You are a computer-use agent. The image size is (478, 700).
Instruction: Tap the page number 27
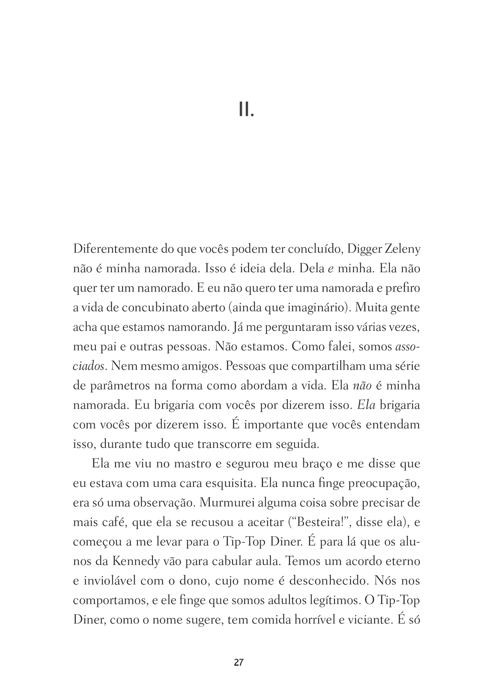[239, 662]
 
